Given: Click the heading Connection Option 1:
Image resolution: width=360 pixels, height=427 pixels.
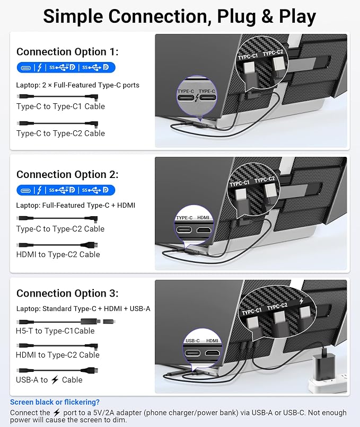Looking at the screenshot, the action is coord(67,52).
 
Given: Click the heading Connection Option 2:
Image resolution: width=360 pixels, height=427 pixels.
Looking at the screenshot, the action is coord(67,174).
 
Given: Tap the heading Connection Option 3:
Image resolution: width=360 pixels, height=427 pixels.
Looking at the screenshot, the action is coord(67,293).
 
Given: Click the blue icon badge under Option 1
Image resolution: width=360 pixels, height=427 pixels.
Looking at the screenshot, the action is coord(66,67).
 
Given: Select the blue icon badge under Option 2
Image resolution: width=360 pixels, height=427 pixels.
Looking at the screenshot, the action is coord(66,190).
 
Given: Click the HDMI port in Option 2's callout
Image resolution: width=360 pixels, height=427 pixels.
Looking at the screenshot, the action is coord(204,230).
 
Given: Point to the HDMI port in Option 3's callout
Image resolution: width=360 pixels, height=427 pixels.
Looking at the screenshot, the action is coord(213,353).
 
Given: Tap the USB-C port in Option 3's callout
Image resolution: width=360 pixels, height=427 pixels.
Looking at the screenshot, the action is coord(192,353).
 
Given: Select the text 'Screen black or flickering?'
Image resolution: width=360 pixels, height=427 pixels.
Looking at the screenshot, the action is coord(55,402).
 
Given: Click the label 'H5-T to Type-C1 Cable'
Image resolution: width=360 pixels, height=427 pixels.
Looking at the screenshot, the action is coord(55,331).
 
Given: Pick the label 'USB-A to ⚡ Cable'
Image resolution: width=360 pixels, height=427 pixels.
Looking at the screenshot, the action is coord(49,380).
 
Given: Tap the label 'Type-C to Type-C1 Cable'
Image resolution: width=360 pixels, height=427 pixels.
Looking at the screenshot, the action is coord(60,106).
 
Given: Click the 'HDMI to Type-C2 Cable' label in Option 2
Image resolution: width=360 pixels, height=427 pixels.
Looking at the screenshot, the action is coord(58,254).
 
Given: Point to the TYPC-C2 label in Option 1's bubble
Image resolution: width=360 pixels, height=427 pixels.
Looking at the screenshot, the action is coord(273,53).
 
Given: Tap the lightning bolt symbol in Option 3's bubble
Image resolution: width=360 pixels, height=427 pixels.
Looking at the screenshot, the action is coord(301,301).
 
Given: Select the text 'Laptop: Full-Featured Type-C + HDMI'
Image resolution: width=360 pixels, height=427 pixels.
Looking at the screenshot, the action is coord(75,205).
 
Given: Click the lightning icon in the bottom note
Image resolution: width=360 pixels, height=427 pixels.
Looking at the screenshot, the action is coord(57,413).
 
